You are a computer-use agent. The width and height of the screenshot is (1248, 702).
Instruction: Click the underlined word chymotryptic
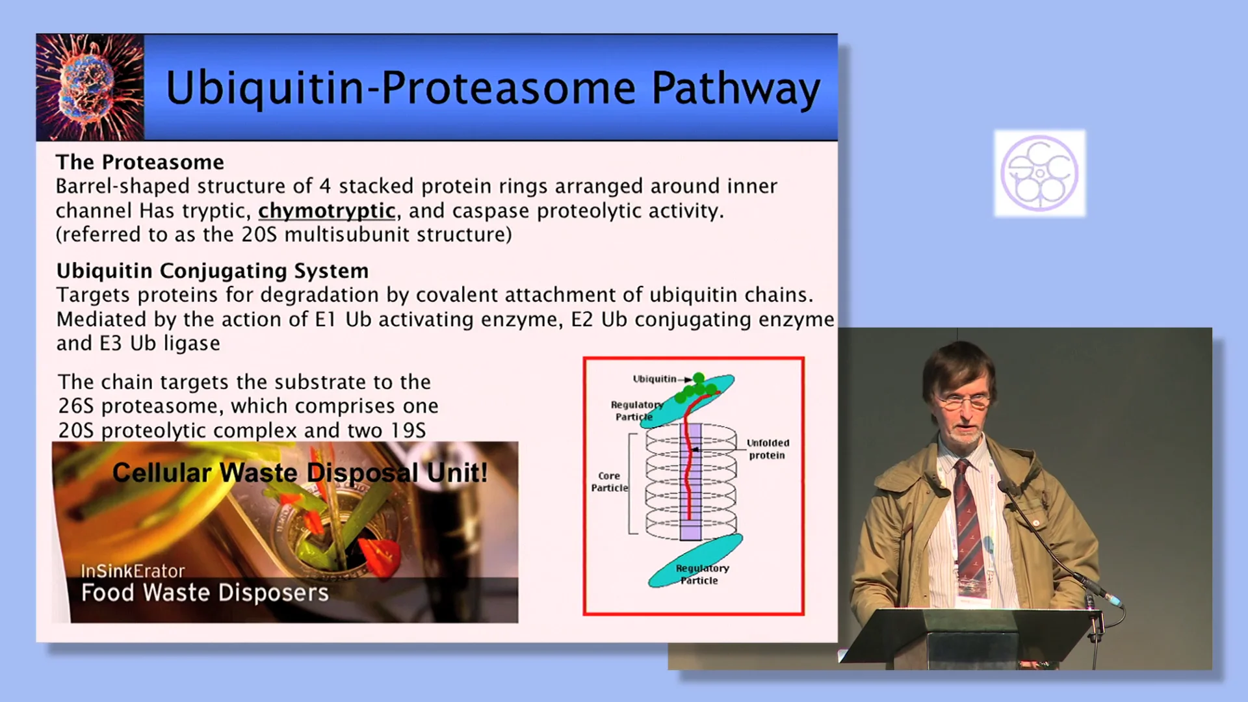326,211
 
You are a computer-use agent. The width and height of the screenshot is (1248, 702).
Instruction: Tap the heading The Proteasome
140,162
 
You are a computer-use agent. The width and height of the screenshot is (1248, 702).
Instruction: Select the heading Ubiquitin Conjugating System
213,270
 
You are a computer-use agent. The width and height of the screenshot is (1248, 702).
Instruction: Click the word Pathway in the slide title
736,88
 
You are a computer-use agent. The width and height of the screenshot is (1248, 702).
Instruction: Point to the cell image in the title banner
90,88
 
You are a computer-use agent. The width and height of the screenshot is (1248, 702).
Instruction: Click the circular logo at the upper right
1039,173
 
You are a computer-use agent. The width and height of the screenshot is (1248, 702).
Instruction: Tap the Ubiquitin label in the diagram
654,379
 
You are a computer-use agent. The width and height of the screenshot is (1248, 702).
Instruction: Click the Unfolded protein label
768,449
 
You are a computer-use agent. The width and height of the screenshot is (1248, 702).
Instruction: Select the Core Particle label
609,482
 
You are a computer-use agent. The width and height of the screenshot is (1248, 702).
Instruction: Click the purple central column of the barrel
690,481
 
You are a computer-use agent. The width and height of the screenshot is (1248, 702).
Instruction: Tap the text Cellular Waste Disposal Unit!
300,473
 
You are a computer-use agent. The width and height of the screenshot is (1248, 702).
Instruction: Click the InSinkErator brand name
133,571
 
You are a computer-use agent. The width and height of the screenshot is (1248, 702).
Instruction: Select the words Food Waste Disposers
205,593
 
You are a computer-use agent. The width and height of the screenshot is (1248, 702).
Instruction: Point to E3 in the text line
110,343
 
